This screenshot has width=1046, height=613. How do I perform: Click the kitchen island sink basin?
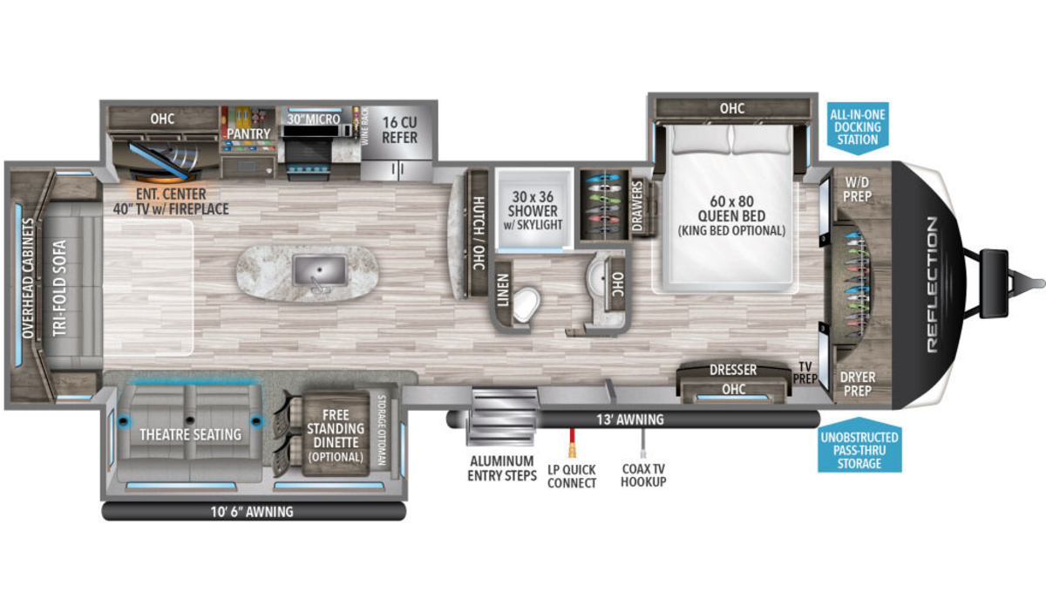[x=320, y=271]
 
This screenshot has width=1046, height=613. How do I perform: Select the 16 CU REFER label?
[x=399, y=130]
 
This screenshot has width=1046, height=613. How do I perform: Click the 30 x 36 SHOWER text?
[x=533, y=204]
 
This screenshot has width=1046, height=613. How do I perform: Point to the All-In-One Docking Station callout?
[x=858, y=128]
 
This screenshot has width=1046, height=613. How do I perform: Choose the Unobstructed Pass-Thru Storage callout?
[x=859, y=446]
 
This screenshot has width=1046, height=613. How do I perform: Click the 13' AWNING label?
[x=630, y=419]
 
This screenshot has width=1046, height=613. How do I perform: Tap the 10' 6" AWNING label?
[x=252, y=512]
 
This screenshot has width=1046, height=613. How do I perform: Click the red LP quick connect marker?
[x=571, y=442]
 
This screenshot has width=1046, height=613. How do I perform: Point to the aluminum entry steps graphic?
[x=502, y=416]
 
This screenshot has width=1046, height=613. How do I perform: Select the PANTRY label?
[x=248, y=133]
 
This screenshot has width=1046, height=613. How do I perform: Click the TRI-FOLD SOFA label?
[x=59, y=288]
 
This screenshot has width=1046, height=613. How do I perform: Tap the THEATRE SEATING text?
[x=191, y=434]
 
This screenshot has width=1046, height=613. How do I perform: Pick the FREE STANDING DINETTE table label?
[x=336, y=435]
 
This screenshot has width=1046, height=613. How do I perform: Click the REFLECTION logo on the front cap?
[x=932, y=284]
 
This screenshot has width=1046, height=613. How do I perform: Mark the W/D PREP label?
[x=857, y=189]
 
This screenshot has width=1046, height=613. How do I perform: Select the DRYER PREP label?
[x=858, y=384]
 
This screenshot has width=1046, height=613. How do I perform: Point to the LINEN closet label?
[x=502, y=290]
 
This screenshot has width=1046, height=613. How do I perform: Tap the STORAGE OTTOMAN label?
[x=382, y=430]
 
